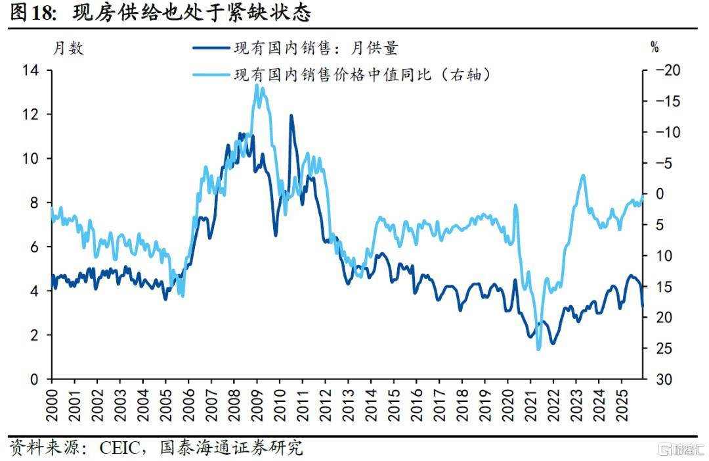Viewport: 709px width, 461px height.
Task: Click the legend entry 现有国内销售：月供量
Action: pyautogui.click(x=315, y=48)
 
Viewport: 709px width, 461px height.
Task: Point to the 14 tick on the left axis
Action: pyautogui.click(x=31, y=70)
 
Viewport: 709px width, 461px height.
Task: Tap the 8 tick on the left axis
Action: pyautogui.click(x=35, y=203)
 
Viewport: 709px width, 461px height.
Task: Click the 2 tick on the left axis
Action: pyautogui.click(x=35, y=335)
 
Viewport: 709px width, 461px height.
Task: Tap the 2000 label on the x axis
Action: pyautogui.click(x=53, y=403)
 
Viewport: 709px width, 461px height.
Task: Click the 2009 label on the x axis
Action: pyautogui.click(x=257, y=403)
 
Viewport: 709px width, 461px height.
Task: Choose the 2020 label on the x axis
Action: pyautogui.click(x=507, y=403)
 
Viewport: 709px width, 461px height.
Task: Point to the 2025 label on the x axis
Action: pyautogui.click(x=620, y=403)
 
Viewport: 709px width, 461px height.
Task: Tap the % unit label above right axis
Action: pyautogui.click(x=654, y=47)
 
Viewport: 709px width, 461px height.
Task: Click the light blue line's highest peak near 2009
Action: pyautogui.click(x=257, y=85)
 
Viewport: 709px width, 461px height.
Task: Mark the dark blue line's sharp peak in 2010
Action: pyautogui.click(x=290, y=116)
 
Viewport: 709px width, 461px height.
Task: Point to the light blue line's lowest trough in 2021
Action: pyautogui.click(x=538, y=349)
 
